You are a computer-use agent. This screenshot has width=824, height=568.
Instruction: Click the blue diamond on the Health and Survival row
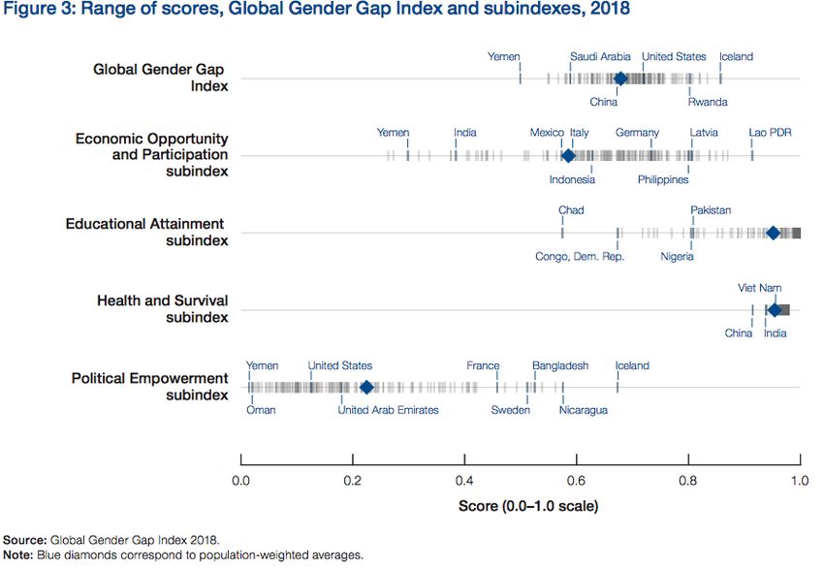(x=775, y=310)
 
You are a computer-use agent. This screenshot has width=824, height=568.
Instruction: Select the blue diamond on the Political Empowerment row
(x=366, y=388)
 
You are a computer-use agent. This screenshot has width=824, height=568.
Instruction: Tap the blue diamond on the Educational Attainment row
(x=773, y=233)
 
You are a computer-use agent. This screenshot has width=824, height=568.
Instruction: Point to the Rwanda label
(x=708, y=102)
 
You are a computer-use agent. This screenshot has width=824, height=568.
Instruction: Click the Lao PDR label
(x=770, y=133)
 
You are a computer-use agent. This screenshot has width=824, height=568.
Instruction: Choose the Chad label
(x=571, y=210)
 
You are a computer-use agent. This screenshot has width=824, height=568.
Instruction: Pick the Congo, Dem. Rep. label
(x=580, y=257)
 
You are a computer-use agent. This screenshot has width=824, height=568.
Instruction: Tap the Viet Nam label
(x=759, y=288)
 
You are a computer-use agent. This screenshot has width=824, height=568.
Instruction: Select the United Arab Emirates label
(x=388, y=410)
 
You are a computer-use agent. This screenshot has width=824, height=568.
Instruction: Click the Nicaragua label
(x=584, y=410)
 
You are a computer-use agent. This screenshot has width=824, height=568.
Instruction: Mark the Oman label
(x=261, y=410)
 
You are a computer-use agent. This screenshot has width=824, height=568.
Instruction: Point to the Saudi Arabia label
(x=600, y=56)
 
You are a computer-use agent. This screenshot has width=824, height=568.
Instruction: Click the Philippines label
(x=663, y=179)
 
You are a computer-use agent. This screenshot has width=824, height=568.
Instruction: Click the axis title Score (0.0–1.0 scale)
(x=527, y=506)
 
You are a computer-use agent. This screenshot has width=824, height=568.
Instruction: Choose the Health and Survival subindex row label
(x=163, y=309)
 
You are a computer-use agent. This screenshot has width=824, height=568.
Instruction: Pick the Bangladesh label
(x=560, y=365)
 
